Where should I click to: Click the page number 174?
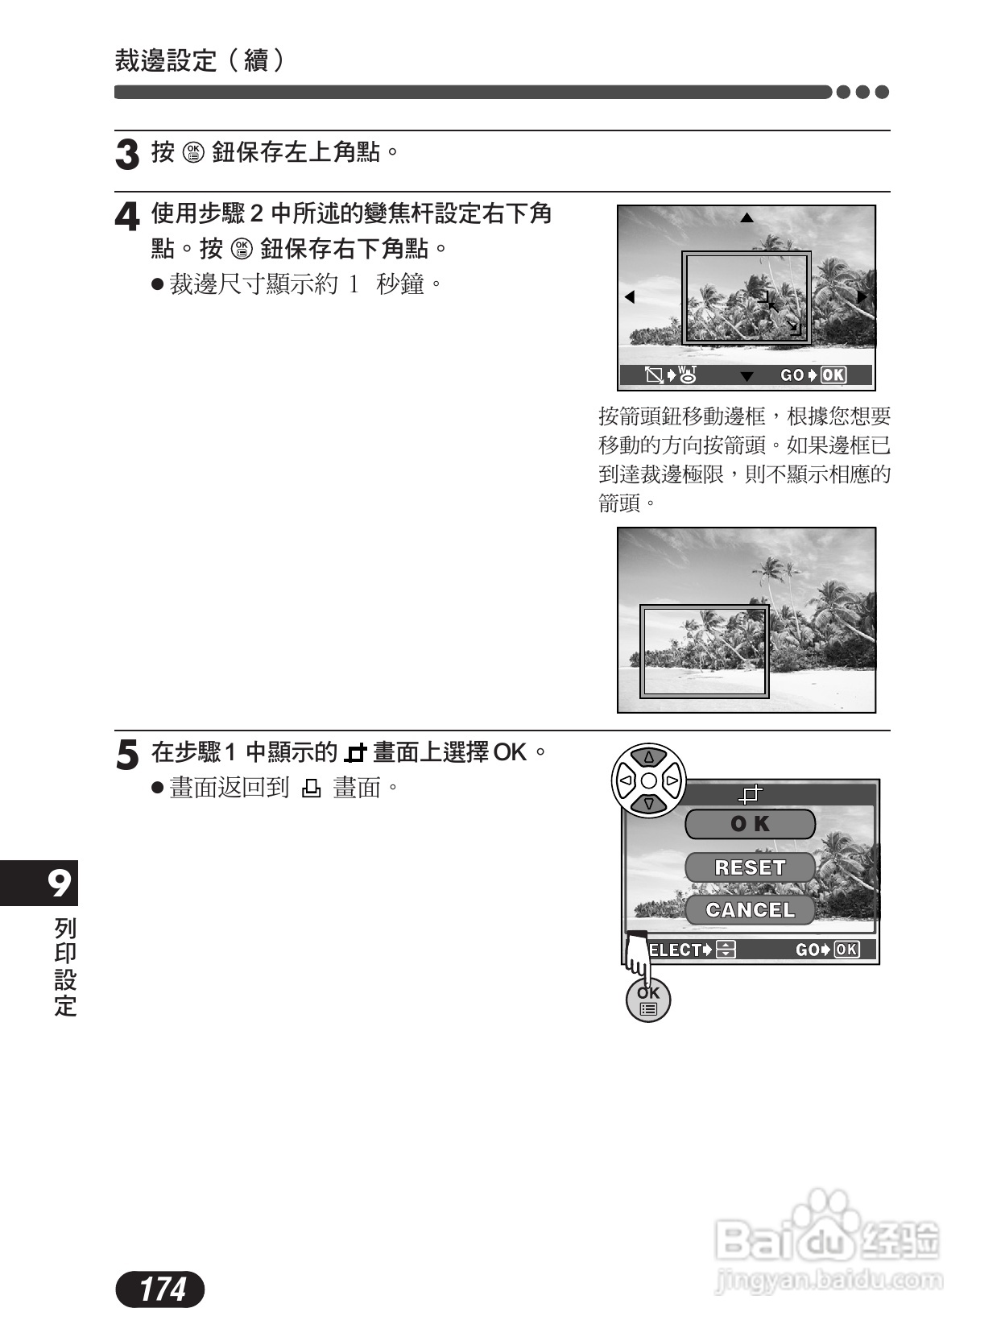pos(161,1289)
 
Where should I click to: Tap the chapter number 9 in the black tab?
pos(58,884)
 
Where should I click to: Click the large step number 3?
pos(127,155)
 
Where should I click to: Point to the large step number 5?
pos(127,755)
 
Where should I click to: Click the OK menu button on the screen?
pos(750,824)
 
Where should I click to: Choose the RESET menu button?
pos(750,867)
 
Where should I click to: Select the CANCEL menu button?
pos(750,910)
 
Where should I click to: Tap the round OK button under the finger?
pos(648,1001)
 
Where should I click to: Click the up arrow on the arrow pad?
pos(649,757)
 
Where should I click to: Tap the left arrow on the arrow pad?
pos(625,780)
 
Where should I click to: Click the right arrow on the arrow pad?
pos(672,780)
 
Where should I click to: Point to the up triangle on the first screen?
pos(747,217)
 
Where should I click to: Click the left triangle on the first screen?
pos(630,297)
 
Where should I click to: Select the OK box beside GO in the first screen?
pos(833,375)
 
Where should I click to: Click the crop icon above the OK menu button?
pos(751,795)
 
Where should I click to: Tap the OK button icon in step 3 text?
pos(194,151)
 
